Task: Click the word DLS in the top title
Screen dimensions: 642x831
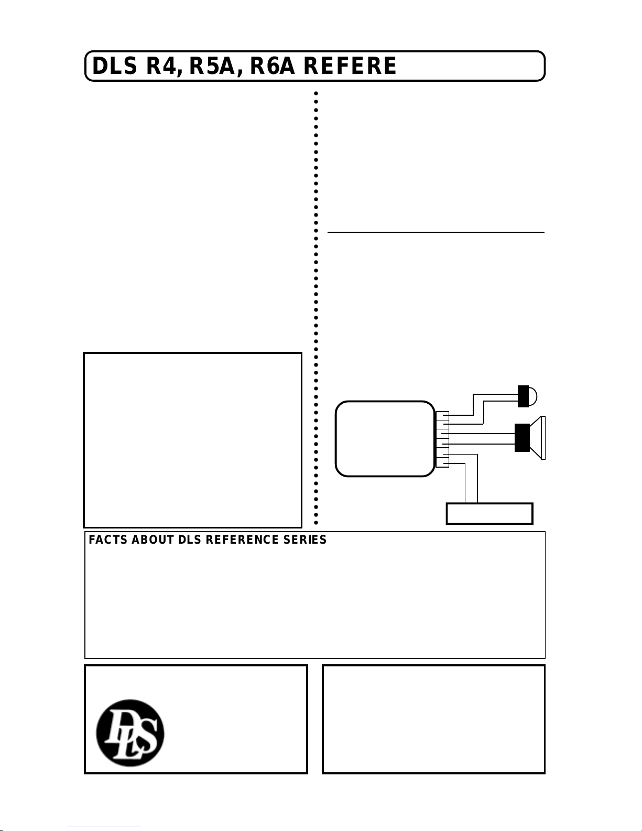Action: pyautogui.click(x=114, y=66)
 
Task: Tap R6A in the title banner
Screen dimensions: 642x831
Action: pyautogui.click(x=272, y=66)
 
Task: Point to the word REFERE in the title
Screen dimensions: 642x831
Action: pyautogui.click(x=350, y=66)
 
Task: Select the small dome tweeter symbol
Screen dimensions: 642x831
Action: pyautogui.click(x=527, y=396)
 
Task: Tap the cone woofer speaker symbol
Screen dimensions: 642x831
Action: pyautogui.click(x=530, y=437)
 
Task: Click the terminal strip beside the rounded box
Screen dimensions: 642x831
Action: pyautogui.click(x=442, y=439)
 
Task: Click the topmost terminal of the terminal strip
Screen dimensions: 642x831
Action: pyautogui.click(x=442, y=414)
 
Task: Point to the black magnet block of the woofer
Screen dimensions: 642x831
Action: pyautogui.click(x=522, y=437)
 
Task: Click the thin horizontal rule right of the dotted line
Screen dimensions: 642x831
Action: pyautogui.click(x=436, y=232)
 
